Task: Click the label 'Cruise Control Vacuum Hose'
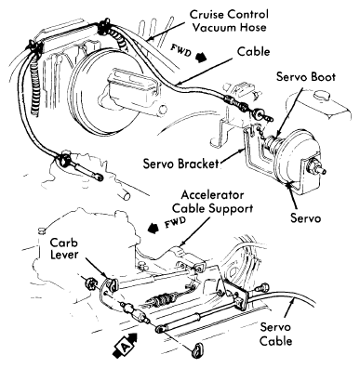[x=229, y=20]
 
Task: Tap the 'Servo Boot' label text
[x=306, y=76]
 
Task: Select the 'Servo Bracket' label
[x=181, y=164]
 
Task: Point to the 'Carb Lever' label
[x=64, y=248]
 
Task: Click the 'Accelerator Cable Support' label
[x=212, y=202]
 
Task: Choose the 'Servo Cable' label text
[x=275, y=334]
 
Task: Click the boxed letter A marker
[x=123, y=348]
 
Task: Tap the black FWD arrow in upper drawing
[x=202, y=58]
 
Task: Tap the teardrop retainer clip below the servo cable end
[x=196, y=350]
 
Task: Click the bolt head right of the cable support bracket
[x=262, y=287]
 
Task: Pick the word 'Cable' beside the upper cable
[x=253, y=51]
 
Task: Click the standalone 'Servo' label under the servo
[x=305, y=217]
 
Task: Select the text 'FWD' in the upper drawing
[x=181, y=49]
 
